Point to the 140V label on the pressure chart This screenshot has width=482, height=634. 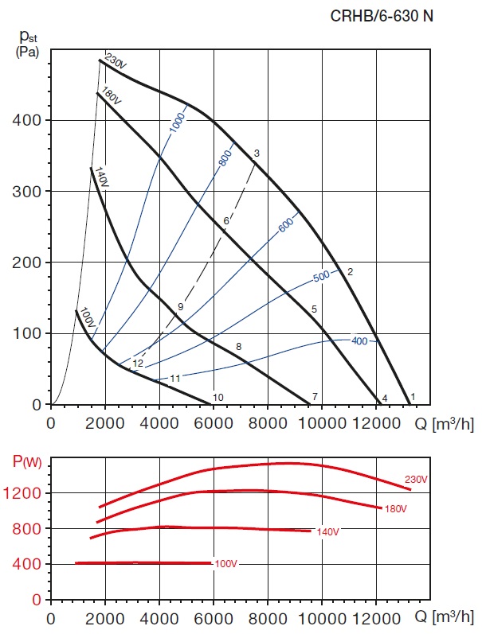(101, 176)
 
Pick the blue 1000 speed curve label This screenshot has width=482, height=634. (177, 122)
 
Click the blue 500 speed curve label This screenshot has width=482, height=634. (321, 277)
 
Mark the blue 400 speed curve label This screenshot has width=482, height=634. (359, 341)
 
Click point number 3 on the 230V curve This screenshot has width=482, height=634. (257, 153)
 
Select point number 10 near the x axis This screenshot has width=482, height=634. (218, 397)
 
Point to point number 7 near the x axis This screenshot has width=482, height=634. (315, 396)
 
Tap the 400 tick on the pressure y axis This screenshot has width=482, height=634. (30, 120)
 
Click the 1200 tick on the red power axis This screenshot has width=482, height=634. (27, 493)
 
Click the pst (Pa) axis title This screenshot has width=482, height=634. (29, 44)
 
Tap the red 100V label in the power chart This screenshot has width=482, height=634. (226, 564)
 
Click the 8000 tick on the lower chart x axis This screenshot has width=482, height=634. (268, 617)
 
